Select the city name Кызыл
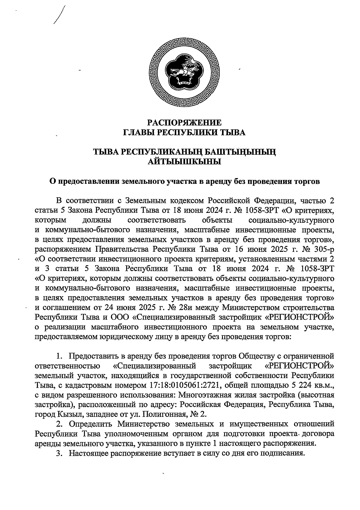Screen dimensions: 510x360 point(70,415)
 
